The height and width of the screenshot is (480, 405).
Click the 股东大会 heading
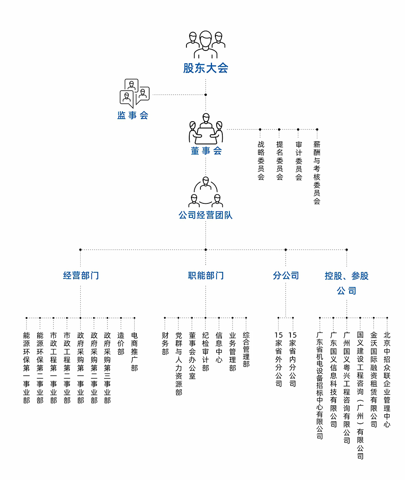click(205, 68)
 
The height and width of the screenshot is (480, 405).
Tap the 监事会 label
click(133, 115)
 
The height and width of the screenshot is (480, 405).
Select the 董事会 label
click(206, 150)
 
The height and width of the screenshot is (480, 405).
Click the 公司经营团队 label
click(205, 215)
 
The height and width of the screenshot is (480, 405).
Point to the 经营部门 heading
click(81, 275)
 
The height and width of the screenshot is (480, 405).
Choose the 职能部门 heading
click(205, 275)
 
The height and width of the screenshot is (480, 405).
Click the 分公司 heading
click(286, 275)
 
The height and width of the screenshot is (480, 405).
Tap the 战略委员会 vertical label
click(261, 160)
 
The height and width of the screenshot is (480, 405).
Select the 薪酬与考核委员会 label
click(317, 173)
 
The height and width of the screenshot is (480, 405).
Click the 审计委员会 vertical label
click(298, 160)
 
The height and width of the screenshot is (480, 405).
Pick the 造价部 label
click(121, 344)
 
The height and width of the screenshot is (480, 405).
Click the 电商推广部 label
click(134, 352)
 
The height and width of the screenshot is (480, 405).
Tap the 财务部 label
click(165, 344)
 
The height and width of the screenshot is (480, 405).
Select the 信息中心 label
click(219, 347)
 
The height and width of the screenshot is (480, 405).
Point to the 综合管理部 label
click(246, 349)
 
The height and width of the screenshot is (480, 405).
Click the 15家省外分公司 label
click(279, 359)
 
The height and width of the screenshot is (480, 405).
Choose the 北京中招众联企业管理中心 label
click(387, 380)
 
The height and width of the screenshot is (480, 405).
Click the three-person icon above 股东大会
click(205, 44)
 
